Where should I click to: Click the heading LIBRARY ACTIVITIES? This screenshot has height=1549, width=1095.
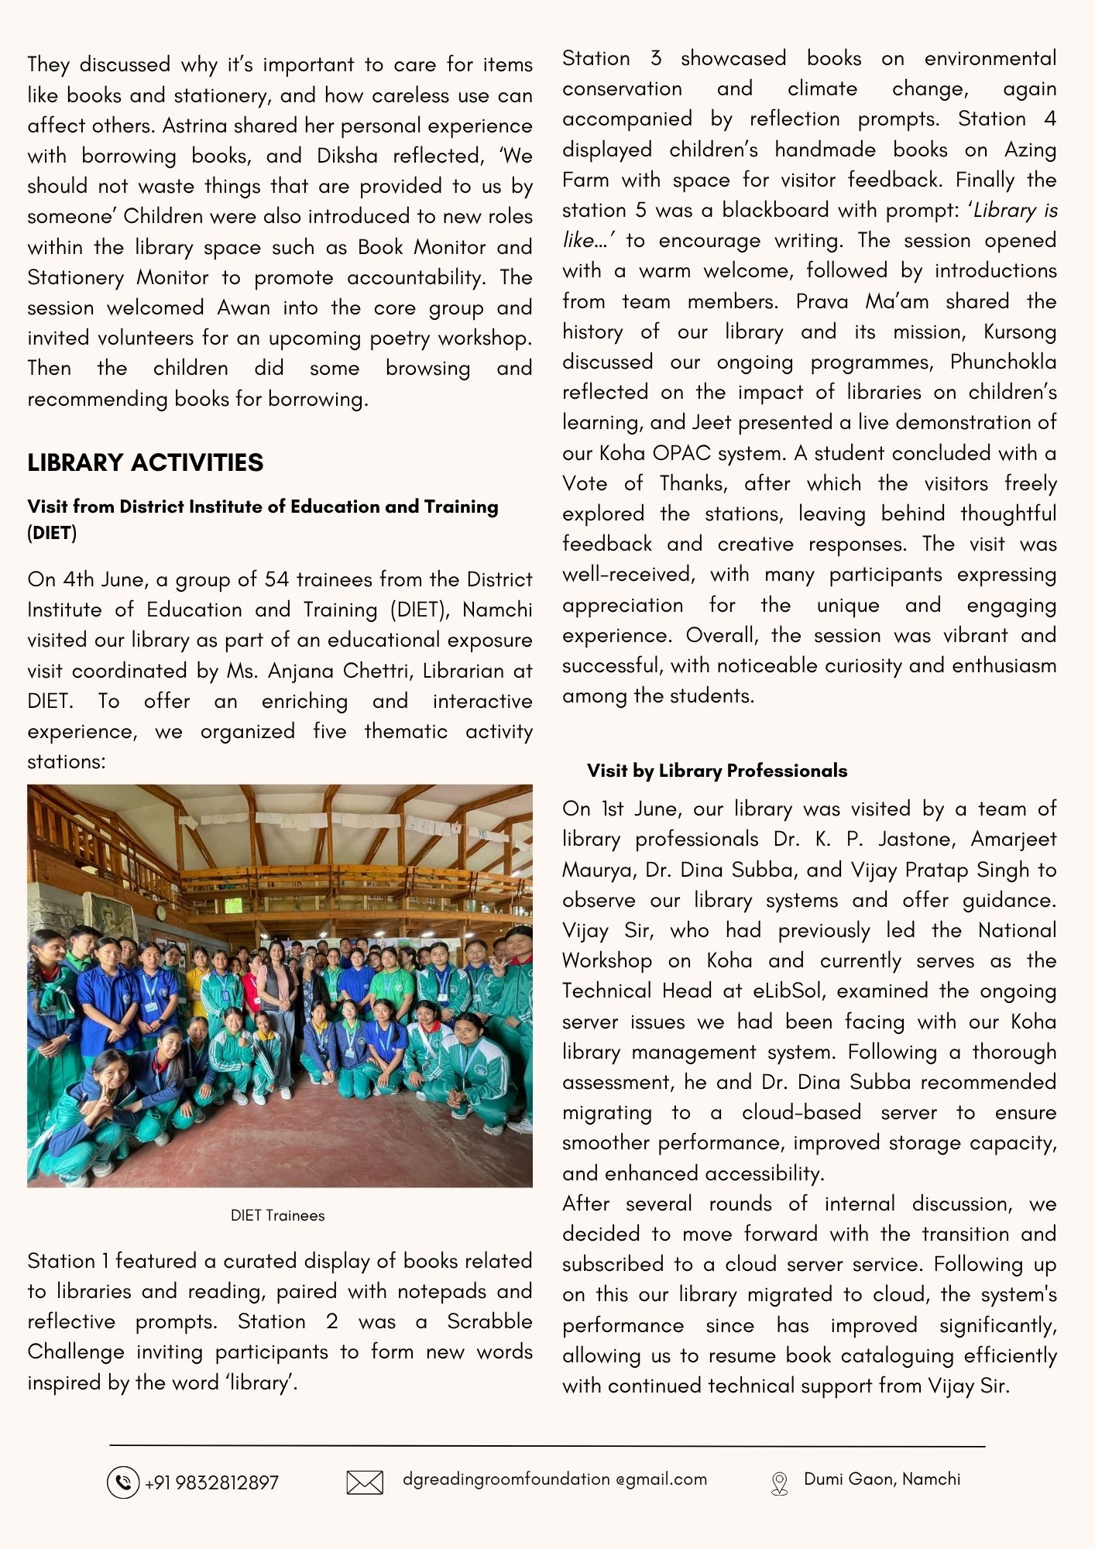click(x=146, y=462)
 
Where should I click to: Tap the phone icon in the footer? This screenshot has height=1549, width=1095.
click(x=122, y=1482)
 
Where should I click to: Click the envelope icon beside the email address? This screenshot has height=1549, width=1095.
click(x=365, y=1482)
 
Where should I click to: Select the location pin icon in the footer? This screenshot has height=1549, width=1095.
click(x=779, y=1482)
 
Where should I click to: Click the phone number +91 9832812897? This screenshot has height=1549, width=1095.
click(x=211, y=1482)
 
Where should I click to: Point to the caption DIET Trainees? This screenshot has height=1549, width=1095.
click(x=277, y=1215)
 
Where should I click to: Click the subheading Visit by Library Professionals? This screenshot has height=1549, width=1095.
click(x=716, y=771)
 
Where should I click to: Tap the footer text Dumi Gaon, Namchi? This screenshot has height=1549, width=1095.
click(x=881, y=1479)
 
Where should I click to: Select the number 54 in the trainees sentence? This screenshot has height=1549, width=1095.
click(x=276, y=579)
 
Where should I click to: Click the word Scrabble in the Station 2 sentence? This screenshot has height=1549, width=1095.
click(x=489, y=1321)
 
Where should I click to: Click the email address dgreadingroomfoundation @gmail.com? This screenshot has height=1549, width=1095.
click(x=554, y=1479)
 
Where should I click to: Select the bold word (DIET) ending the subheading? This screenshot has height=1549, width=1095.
click(x=52, y=533)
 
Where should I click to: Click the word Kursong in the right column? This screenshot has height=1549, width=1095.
click(x=1019, y=331)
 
